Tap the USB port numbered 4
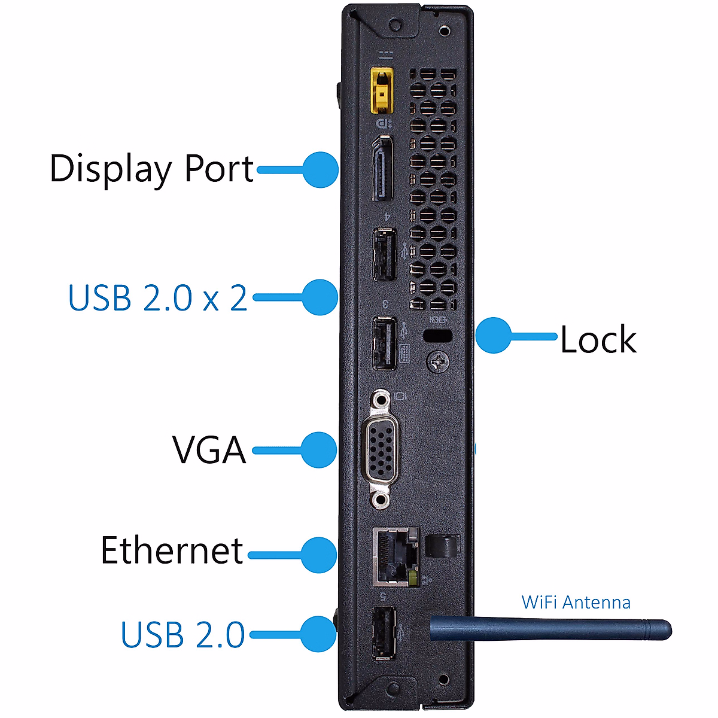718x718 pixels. pyautogui.click(x=384, y=254)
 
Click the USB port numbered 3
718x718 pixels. pyautogui.click(x=384, y=343)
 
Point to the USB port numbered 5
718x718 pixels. pyautogui.click(x=384, y=633)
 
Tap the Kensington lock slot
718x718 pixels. pyautogui.click(x=437, y=336)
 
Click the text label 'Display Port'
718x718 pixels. pyautogui.click(x=151, y=169)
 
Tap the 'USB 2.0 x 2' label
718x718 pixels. pyautogui.click(x=157, y=297)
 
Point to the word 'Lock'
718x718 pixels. pyautogui.click(x=598, y=340)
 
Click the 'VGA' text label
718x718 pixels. pyautogui.click(x=209, y=450)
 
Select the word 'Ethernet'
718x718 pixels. pyautogui.click(x=172, y=550)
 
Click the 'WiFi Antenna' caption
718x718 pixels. pyautogui.click(x=576, y=602)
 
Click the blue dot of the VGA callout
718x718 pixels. pyautogui.click(x=319, y=450)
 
